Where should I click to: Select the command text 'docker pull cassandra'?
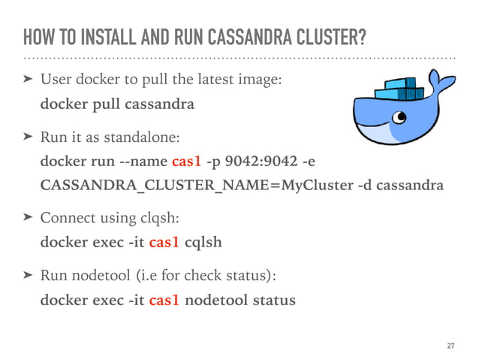[116, 104]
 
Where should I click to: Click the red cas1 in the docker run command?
[186, 162]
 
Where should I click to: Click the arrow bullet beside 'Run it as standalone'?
[29, 137]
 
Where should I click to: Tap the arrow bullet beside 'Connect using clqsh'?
[29, 219]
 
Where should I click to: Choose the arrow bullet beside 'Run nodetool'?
[29, 277]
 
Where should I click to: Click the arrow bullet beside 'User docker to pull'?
[29, 79]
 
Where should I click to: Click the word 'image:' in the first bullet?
[262, 80]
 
